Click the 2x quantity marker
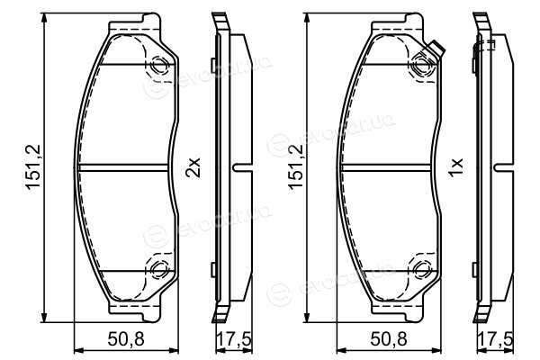point(193,167)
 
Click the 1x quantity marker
point(455,167)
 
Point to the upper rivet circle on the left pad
point(159,65)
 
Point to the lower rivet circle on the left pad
point(159,269)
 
